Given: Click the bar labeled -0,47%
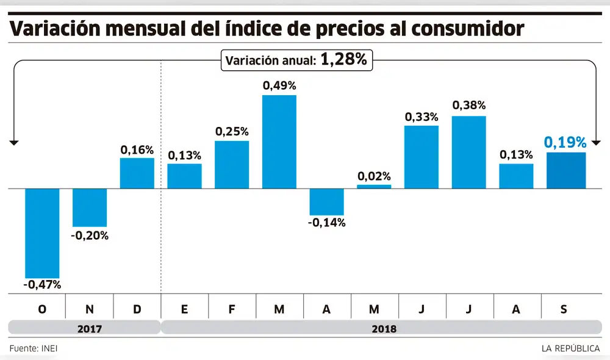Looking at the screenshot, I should (x=42, y=233).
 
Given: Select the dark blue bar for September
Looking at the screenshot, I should (x=566, y=171).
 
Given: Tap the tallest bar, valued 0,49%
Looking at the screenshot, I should (x=279, y=142).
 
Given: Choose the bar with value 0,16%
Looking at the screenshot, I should (x=137, y=173).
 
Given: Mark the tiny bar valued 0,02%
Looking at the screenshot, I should (x=374, y=187).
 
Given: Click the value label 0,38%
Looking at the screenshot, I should (x=468, y=106).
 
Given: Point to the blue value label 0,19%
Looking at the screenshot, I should (x=565, y=143).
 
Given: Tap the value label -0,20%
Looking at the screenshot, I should (x=90, y=236).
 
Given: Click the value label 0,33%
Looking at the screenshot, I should (x=421, y=117).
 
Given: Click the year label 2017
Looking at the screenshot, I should (x=90, y=329).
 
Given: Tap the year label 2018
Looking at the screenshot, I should (x=384, y=329).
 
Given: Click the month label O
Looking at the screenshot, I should (x=42, y=309).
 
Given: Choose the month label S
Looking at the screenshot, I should (x=564, y=309).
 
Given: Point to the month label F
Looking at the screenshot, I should (x=232, y=309).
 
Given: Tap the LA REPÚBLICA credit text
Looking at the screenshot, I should (x=570, y=348).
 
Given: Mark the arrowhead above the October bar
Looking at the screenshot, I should (x=14, y=142).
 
